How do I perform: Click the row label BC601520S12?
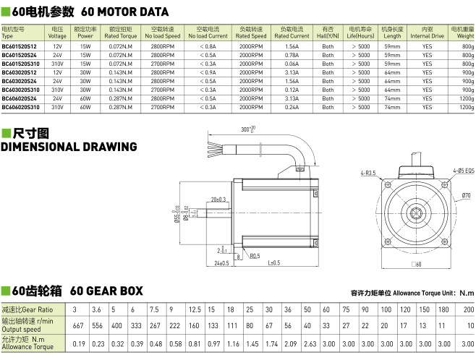coord(19,46)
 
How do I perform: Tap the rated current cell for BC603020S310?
coord(292,90)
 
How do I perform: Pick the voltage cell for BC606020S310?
coord(57,108)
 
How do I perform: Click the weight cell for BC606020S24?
coord(467,98)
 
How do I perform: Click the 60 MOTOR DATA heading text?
coord(124,12)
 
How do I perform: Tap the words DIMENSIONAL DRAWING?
coord(69,147)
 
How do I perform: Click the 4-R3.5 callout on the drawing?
coord(368,173)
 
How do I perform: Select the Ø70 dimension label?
coord(466,195)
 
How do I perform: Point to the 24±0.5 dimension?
coord(221,263)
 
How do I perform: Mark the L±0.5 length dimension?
coord(274,262)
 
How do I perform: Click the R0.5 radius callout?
coord(255,256)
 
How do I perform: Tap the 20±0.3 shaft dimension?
coord(218,200)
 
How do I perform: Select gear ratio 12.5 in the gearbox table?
coord(195,309)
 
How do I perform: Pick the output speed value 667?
coord(78,325)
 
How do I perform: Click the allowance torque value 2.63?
coord(310,344)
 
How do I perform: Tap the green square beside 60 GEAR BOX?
coord(6,291)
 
